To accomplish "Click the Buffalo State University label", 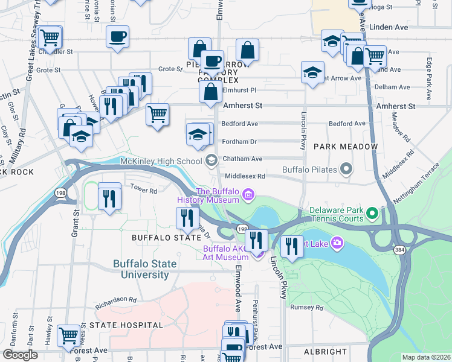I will pos(145,269).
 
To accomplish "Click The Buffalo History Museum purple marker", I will pos(248,194).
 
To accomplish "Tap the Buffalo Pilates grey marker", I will pos(346,169).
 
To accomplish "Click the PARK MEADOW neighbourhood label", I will pos(346,147).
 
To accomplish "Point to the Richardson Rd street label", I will pos(116,299).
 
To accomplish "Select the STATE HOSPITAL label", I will pos(126,325).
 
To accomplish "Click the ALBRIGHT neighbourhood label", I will pos(325,352).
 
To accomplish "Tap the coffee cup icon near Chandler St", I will pos(117,36).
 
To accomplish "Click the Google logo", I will pos(20,355).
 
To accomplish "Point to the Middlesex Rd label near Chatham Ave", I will pos(245,176).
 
